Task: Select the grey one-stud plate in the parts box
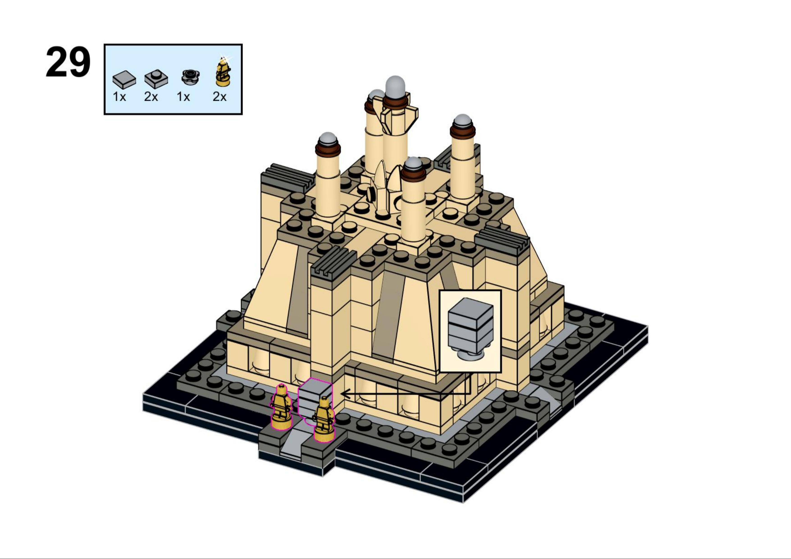(156, 79)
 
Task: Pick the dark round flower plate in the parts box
(190, 76)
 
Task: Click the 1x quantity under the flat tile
(119, 97)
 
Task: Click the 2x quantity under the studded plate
(151, 97)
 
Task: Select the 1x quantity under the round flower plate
(183, 97)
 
